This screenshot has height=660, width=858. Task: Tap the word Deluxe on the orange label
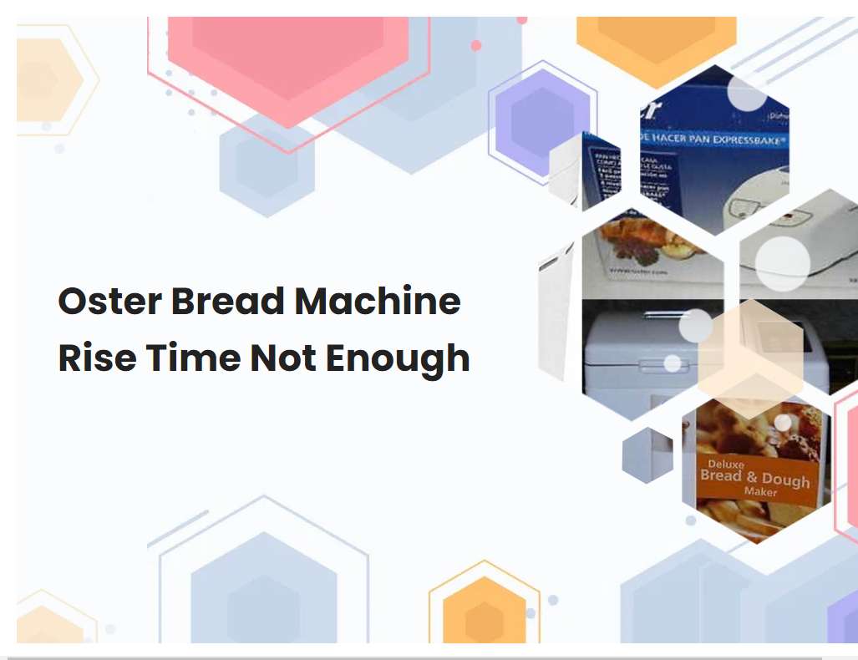point(726,463)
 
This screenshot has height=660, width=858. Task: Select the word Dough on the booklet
point(785,480)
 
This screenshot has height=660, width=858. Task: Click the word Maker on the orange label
point(759,492)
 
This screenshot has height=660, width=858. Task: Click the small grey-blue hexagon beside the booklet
point(647,455)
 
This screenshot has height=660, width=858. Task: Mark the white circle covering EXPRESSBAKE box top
point(746,94)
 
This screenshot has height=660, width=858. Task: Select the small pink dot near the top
point(476,45)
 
